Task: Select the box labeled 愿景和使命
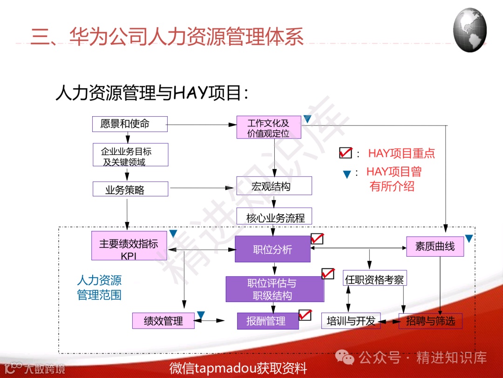[x=130, y=124]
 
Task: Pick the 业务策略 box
[x=130, y=189]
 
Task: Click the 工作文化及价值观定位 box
[x=268, y=127]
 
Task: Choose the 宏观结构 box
[x=274, y=186]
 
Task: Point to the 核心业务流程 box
[x=274, y=217]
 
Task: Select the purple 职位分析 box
[x=272, y=249]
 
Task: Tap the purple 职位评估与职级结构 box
[x=275, y=289]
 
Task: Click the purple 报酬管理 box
[x=268, y=321]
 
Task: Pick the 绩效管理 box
[x=163, y=321]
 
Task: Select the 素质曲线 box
[x=435, y=246]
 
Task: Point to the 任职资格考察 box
[x=374, y=280]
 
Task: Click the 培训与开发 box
[x=351, y=321]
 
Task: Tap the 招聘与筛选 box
[x=430, y=321]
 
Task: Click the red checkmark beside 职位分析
[x=317, y=239]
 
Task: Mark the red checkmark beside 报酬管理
[x=305, y=315]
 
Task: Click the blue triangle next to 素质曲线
[x=469, y=238]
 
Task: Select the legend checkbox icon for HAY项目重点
[x=345, y=153]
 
